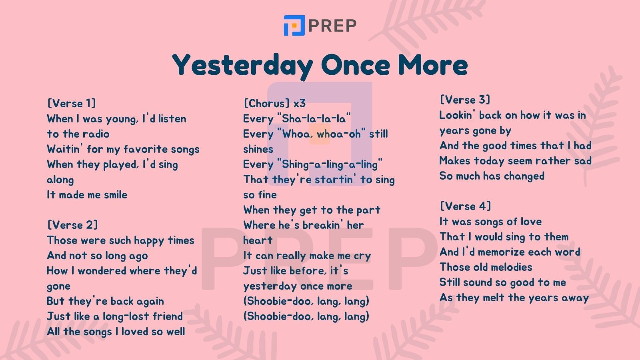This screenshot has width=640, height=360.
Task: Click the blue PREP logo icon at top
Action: coord(294,26)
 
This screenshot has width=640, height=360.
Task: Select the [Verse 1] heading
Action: coord(72,103)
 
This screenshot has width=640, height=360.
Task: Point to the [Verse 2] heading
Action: coord(72,225)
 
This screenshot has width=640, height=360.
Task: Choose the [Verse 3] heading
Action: coord(465,100)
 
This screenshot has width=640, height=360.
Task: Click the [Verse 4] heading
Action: coord(466,206)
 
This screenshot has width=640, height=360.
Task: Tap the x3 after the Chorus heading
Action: coord(300,104)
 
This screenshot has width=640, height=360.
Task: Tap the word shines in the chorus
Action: coord(258,149)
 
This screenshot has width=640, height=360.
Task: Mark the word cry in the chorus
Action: coord(362,256)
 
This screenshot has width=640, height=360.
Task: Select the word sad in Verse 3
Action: coord(583,161)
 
